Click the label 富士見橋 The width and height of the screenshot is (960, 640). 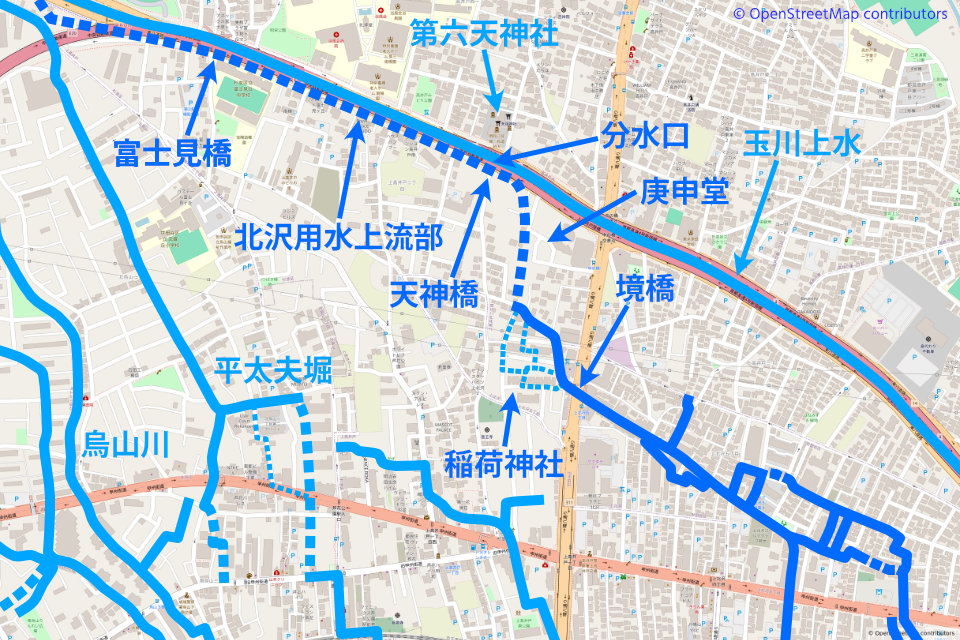tap(173, 155)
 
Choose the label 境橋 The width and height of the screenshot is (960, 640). tap(644, 290)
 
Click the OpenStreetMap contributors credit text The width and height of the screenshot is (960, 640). tap(840, 13)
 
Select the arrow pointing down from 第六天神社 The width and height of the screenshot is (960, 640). tap(491, 85)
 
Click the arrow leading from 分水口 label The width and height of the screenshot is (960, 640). tap(549, 148)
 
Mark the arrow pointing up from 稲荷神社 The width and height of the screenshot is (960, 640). tap(508, 421)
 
